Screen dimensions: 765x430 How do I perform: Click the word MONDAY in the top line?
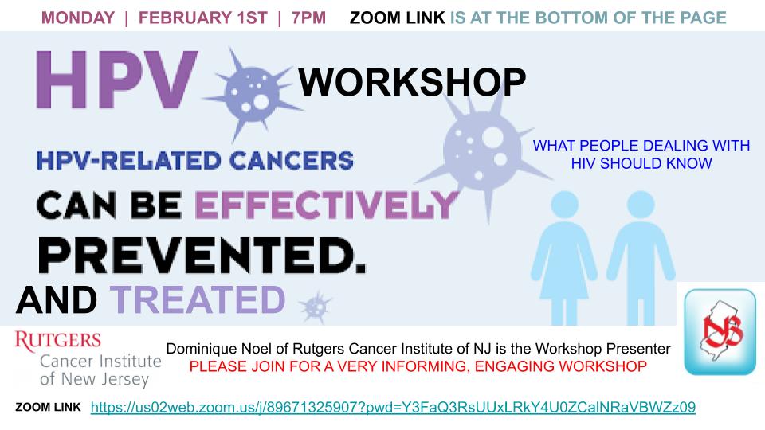coord(77,18)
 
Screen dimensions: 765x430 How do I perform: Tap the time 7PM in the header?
coord(308,18)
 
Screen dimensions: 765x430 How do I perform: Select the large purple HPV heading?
coord(117,80)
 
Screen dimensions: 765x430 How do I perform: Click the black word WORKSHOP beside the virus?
coord(412,82)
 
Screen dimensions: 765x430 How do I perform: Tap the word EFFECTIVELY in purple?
coord(327,205)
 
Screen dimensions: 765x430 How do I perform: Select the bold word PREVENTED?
coord(202,256)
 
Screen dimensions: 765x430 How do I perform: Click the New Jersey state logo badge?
coord(720,332)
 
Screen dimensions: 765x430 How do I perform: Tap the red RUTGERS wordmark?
coord(58,341)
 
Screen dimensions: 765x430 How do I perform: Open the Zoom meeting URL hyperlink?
coord(393,407)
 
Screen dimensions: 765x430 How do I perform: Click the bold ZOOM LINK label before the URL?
coord(49,407)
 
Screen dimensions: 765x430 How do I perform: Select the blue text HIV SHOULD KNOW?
coord(641,163)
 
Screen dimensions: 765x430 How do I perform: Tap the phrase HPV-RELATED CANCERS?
coord(195,161)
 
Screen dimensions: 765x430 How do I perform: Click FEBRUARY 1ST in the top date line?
coord(203,18)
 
